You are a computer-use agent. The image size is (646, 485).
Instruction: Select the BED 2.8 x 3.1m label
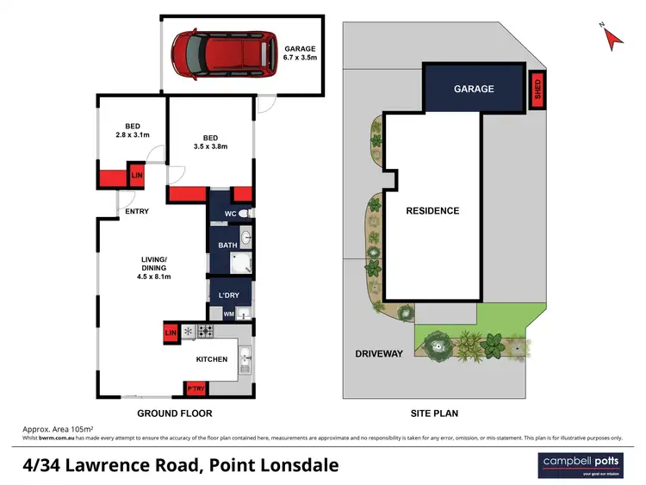[133, 130]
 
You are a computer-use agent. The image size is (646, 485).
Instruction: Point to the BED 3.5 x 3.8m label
[211, 142]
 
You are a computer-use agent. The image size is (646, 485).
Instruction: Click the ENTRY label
[137, 211]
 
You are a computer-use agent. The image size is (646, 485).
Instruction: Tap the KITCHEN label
[211, 358]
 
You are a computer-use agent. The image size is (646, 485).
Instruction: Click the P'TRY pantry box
[196, 389]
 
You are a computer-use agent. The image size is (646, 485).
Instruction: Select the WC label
[230, 214]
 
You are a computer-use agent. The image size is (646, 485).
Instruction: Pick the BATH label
[227, 246]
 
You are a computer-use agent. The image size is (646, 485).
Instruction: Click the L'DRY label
[228, 295]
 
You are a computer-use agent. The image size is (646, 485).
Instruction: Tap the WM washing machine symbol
[229, 314]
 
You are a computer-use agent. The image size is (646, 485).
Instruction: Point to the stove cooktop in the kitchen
[207, 330]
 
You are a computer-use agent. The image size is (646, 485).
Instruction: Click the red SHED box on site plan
[537, 90]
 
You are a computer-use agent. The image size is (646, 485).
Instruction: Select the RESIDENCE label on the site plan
[432, 210]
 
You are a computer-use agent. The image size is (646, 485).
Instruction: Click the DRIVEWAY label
[379, 353]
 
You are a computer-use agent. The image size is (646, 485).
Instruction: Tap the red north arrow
[611, 35]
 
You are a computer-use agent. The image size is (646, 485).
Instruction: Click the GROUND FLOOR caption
[174, 413]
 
